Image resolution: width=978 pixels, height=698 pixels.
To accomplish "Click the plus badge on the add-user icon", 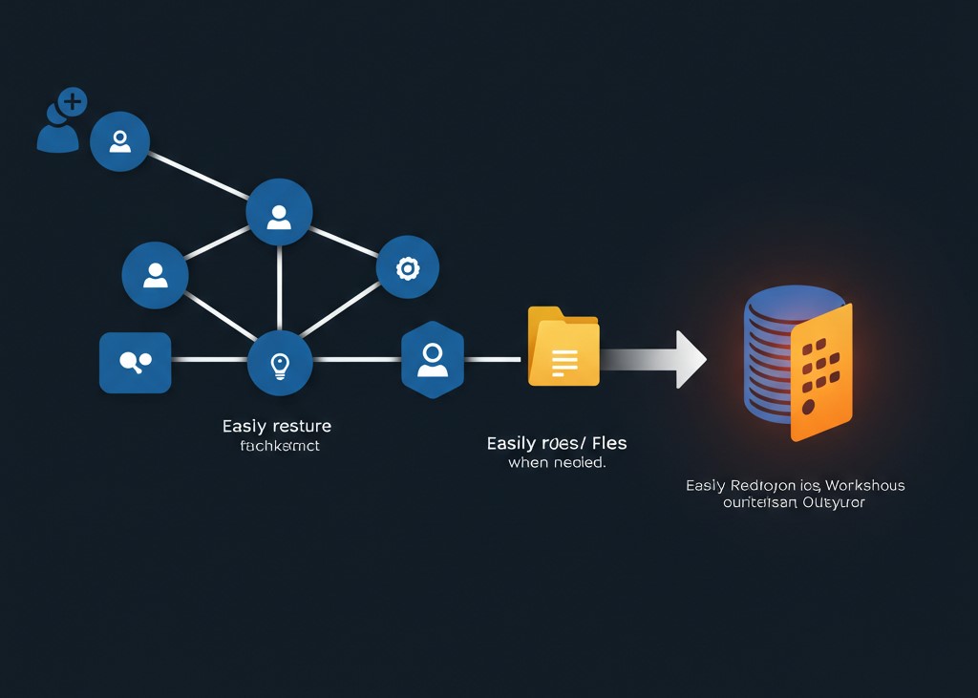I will pyautogui.click(x=72, y=101).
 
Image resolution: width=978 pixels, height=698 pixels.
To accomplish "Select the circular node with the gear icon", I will pyautogui.click(x=408, y=268).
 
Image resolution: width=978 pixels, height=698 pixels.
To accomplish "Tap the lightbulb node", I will pyautogui.click(x=279, y=363).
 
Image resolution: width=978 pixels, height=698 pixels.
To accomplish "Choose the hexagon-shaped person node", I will pyautogui.click(x=433, y=359).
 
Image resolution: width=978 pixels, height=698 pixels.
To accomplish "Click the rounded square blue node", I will pyautogui.click(x=135, y=362).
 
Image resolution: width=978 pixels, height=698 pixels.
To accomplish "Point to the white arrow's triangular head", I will pyautogui.click(x=690, y=359).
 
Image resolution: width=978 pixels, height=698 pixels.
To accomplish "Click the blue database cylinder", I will pyautogui.click(x=774, y=353).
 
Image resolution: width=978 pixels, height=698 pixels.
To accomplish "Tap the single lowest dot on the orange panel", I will pyautogui.click(x=809, y=407).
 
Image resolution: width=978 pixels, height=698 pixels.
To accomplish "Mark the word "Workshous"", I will pyautogui.click(x=866, y=485).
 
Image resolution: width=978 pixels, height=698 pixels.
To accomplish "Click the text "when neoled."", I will pyautogui.click(x=557, y=463).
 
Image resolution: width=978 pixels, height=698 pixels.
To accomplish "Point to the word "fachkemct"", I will pyautogui.click(x=280, y=446).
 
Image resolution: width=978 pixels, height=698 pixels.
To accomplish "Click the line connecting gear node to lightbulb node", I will pyautogui.click(x=341, y=308).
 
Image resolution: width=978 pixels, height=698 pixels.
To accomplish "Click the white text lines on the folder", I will pyautogui.click(x=564, y=362).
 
